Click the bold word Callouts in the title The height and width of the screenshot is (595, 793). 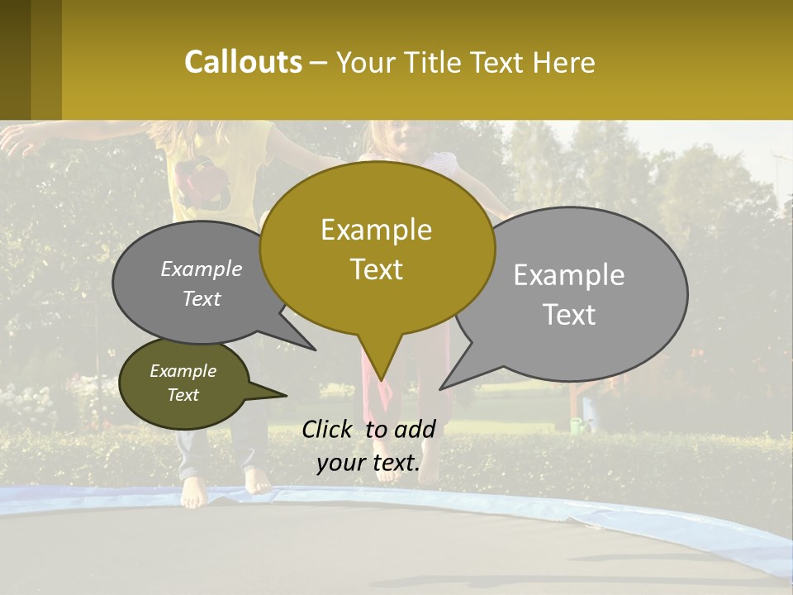(243, 62)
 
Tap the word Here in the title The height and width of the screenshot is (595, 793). (565, 63)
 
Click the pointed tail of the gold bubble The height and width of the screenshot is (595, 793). (381, 364)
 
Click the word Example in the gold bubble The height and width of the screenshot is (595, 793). (376, 230)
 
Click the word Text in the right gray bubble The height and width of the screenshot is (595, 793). (569, 315)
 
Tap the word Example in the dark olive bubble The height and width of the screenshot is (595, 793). (183, 371)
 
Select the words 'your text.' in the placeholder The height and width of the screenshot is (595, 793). (368, 464)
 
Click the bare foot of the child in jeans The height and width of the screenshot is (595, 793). (193, 493)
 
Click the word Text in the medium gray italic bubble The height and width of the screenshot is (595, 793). (202, 298)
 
